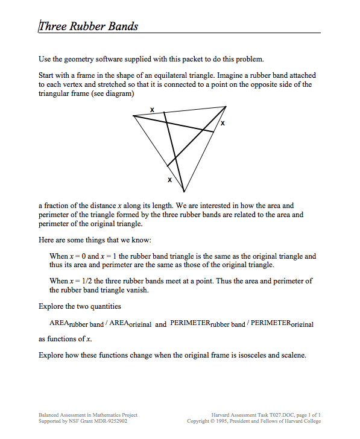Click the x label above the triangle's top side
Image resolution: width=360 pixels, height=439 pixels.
(x=151, y=109)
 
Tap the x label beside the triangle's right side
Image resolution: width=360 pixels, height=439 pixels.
(x=223, y=123)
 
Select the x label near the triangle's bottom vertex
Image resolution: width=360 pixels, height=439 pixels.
(x=169, y=180)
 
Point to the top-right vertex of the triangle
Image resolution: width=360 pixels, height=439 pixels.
(x=226, y=107)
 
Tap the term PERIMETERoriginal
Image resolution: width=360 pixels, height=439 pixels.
(x=284, y=324)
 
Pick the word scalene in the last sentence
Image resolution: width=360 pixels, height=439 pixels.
(x=293, y=355)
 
